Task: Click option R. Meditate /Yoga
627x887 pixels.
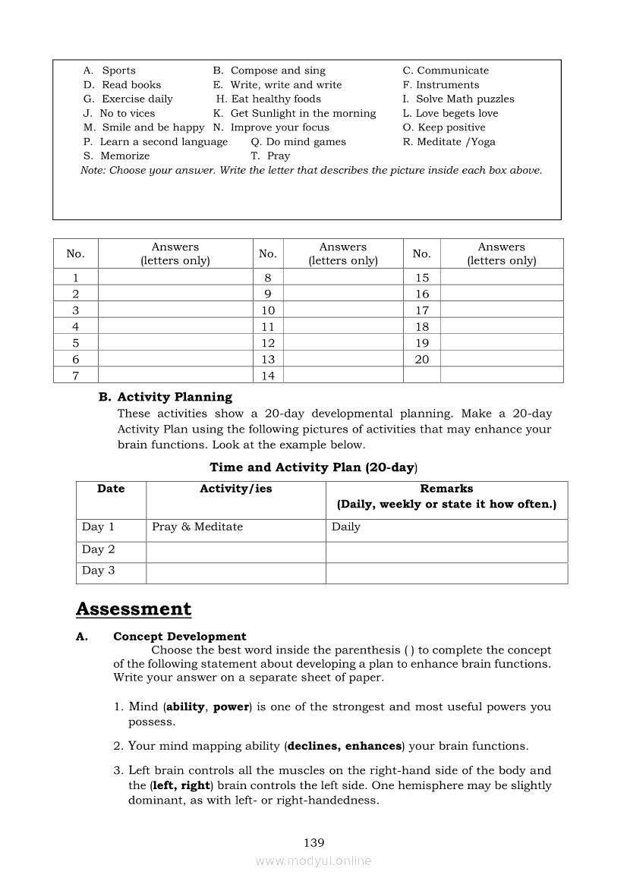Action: tap(449, 142)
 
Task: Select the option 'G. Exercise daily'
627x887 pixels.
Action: tap(128, 99)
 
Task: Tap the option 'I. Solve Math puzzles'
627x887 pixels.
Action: tap(458, 99)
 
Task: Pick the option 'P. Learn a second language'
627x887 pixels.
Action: tap(156, 142)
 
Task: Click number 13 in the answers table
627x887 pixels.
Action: tap(268, 360)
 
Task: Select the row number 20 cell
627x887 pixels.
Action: tap(422, 360)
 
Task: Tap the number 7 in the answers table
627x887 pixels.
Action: tap(75, 376)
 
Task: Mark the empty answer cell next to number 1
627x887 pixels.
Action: tap(175, 278)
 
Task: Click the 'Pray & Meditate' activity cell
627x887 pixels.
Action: tap(197, 527)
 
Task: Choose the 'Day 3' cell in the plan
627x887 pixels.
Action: tap(99, 571)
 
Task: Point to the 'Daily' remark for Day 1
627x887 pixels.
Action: tap(346, 527)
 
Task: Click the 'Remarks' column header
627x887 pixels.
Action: tap(446, 489)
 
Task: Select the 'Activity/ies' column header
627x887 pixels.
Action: tap(235, 489)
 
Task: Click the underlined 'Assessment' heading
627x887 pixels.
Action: tap(134, 609)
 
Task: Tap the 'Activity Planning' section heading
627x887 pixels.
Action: tap(174, 397)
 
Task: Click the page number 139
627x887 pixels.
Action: tap(313, 842)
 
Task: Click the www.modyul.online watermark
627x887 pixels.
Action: tap(313, 860)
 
